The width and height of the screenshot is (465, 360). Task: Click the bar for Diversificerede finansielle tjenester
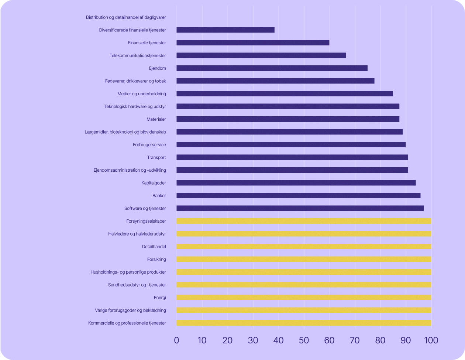[x=225, y=30]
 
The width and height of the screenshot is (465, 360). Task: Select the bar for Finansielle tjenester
[x=253, y=43]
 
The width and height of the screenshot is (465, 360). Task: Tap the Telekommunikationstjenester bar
[x=261, y=55]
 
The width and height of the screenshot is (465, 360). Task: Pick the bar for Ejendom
[x=272, y=68]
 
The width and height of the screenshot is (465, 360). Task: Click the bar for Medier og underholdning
[x=285, y=94]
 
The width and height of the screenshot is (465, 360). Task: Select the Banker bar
[x=298, y=196]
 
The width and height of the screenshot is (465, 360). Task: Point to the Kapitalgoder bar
[x=296, y=183]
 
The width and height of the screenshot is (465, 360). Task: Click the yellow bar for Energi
[x=304, y=298]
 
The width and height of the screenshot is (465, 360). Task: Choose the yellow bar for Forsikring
[x=304, y=259]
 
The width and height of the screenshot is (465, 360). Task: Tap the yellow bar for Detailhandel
[x=304, y=247]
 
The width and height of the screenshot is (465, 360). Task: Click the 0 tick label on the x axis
[x=177, y=340]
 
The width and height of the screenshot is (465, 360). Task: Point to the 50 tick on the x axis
[x=304, y=340]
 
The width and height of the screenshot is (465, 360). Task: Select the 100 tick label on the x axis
[x=431, y=340]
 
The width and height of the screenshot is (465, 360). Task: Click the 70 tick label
[x=355, y=340]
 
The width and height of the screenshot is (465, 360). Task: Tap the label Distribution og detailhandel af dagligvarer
[x=126, y=17]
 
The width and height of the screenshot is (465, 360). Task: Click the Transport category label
[x=156, y=158]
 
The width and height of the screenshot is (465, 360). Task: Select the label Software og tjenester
[x=145, y=209]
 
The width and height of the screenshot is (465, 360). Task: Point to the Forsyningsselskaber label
[x=146, y=221]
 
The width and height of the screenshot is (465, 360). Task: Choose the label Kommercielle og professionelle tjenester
[x=127, y=323]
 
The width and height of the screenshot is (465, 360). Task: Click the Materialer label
[x=156, y=119]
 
